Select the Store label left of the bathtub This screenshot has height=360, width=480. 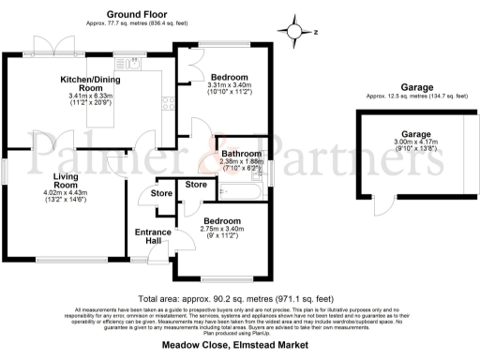coord(196,185)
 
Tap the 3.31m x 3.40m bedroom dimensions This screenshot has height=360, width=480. coord(229,89)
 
